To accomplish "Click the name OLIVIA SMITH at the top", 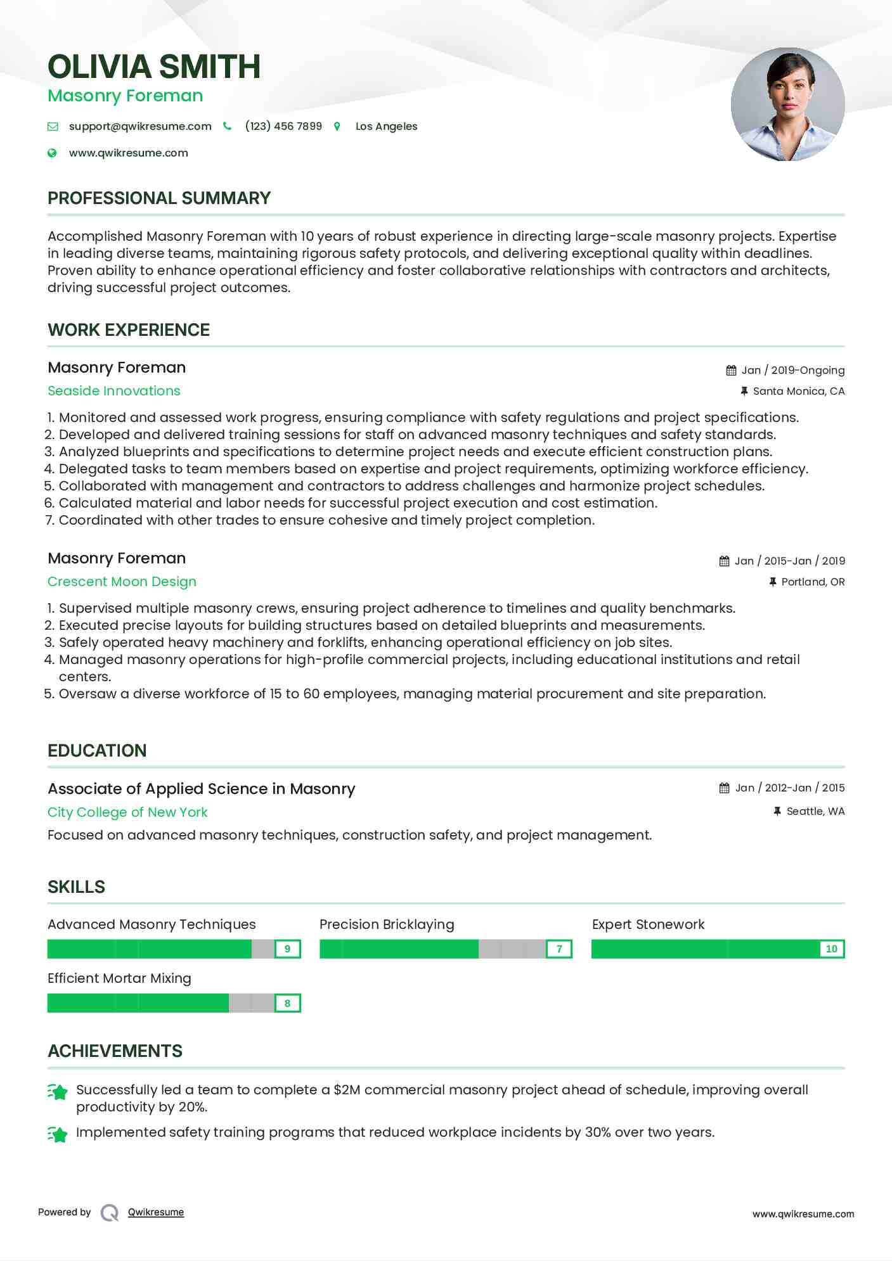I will click(154, 67).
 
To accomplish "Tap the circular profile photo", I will click(787, 105).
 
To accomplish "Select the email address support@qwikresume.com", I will click(140, 126).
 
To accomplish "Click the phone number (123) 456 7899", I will click(283, 126).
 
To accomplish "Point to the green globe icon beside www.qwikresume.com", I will click(52, 153).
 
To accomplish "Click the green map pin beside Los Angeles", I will click(337, 127).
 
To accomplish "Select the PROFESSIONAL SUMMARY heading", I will click(159, 198).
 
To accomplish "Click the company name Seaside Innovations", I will click(114, 391).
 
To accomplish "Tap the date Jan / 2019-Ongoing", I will click(792, 370).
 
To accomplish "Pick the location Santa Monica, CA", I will click(798, 391).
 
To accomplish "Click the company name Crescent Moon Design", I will click(122, 582).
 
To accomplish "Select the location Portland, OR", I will click(812, 582).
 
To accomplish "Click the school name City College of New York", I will click(127, 812).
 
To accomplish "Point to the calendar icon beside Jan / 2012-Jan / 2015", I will click(724, 788).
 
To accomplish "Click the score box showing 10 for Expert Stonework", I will click(831, 949).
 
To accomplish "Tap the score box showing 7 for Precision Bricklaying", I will click(559, 949).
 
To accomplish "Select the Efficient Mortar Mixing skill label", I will click(119, 978).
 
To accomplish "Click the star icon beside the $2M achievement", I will click(58, 1092).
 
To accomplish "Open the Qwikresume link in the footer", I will click(156, 1212).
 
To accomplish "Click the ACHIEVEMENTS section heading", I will click(115, 1051).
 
